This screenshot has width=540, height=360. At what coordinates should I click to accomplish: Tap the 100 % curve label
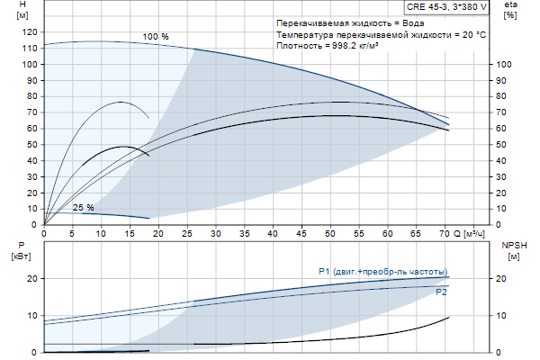[156, 37]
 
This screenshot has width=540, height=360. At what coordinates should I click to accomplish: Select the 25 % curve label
[83, 208]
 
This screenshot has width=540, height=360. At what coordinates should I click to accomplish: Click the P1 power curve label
[382, 272]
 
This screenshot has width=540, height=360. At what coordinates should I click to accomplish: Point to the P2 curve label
[441, 292]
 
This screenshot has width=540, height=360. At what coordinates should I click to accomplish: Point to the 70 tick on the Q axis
[443, 233]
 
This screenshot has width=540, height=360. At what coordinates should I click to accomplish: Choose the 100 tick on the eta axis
[506, 65]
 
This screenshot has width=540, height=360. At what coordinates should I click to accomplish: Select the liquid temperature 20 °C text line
[382, 33]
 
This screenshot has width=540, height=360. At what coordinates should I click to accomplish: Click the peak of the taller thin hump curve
[121, 102]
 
